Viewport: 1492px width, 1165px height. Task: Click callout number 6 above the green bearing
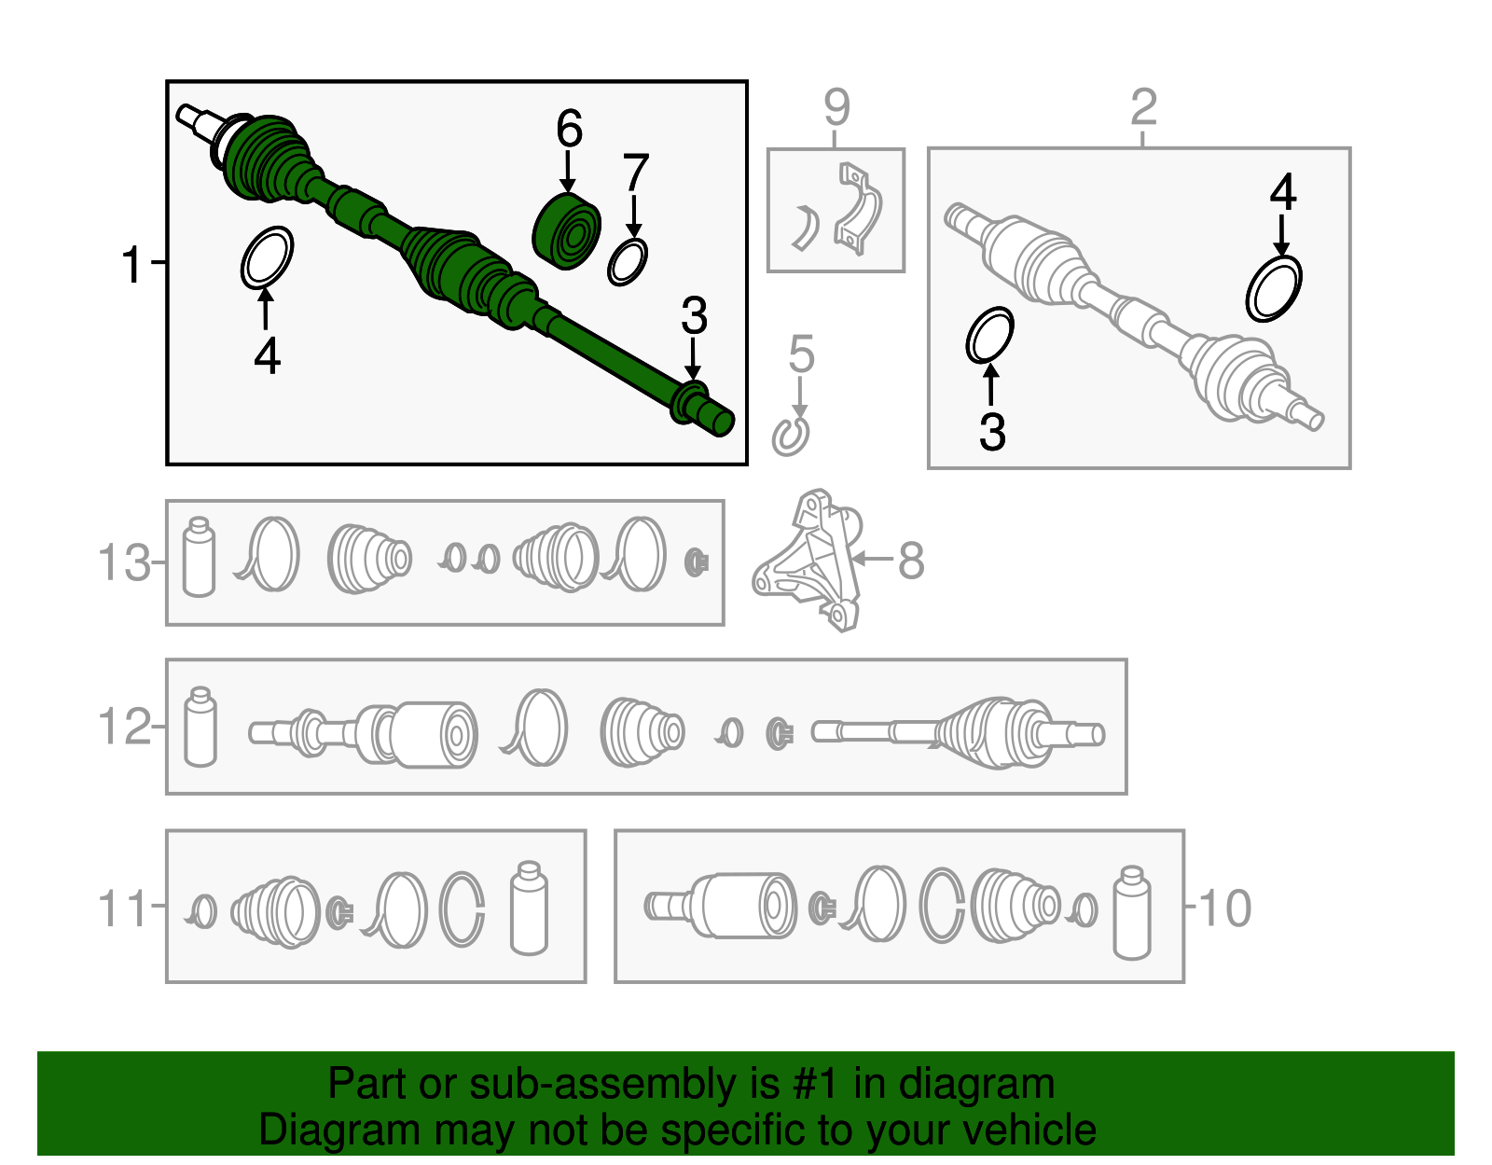coord(569,129)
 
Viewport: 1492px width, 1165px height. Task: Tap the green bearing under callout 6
coord(566,231)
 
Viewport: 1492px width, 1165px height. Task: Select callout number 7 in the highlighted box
coord(635,173)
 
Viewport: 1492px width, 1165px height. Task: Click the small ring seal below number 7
coord(627,262)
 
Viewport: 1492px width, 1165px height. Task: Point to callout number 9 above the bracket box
coord(836,106)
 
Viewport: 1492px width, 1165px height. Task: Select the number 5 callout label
coord(801,354)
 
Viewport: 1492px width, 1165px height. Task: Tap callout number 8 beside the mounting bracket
coord(910,561)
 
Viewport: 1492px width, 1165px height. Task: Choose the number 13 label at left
coord(124,563)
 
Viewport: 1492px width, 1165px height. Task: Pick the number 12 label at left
coord(124,727)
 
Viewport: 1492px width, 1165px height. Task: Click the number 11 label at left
coord(122,908)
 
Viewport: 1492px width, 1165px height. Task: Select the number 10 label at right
coord(1225,908)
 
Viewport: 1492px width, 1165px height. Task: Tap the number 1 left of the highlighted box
coord(131,264)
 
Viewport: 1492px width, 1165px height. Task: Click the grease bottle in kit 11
coord(529,908)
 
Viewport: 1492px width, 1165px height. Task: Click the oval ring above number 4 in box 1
coord(267,257)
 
